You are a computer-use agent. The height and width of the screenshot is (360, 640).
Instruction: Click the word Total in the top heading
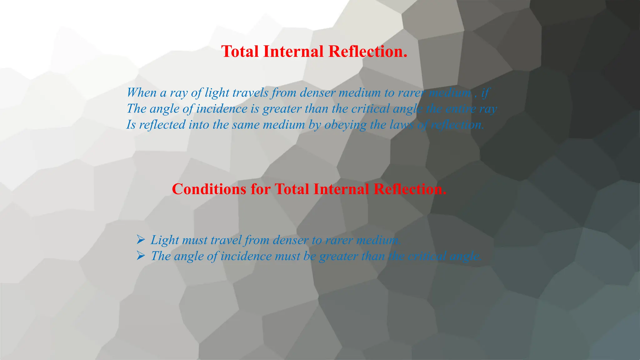240,52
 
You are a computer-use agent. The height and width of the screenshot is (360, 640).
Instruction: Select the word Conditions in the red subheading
209,189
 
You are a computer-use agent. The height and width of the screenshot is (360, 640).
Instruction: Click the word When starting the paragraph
142,92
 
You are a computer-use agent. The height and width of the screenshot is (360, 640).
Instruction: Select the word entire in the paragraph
461,109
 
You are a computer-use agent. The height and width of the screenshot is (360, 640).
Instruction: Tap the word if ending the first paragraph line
485,92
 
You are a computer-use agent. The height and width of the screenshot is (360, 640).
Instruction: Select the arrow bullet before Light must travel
141,240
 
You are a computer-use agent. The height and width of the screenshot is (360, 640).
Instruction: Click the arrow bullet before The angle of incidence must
141,256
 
